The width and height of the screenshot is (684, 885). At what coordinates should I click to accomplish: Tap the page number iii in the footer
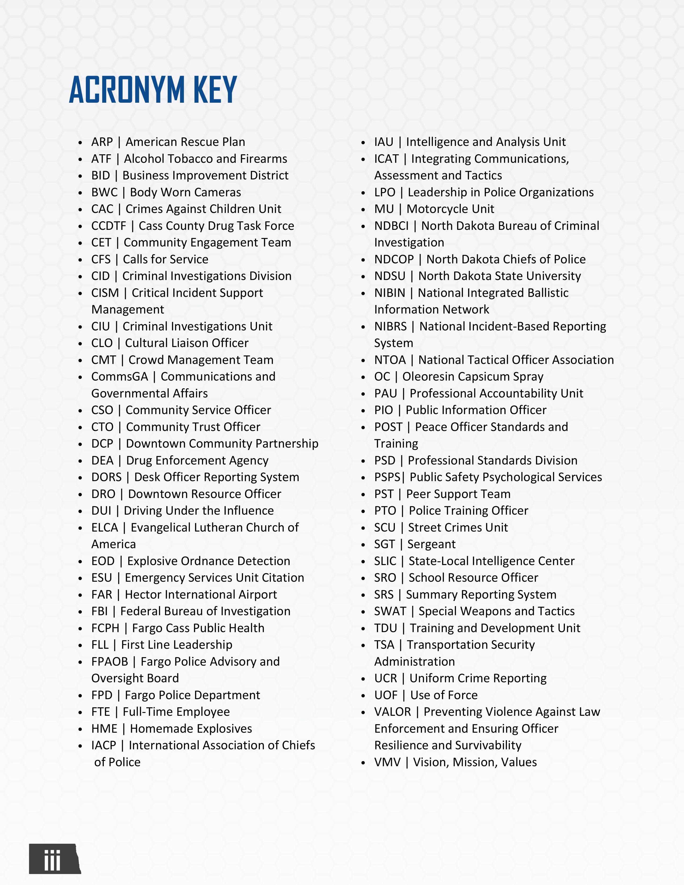point(52,860)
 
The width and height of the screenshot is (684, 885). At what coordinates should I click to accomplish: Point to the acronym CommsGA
point(120,377)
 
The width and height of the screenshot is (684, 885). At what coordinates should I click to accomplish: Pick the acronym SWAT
point(390,611)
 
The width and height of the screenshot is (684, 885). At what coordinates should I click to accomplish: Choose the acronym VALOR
point(392,711)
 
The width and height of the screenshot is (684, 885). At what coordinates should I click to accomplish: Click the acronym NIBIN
point(389,293)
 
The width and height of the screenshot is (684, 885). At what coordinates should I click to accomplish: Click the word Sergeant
point(431,544)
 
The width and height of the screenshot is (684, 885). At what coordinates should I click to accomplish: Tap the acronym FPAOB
point(109,662)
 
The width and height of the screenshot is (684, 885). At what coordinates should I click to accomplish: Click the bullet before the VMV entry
point(363,763)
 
